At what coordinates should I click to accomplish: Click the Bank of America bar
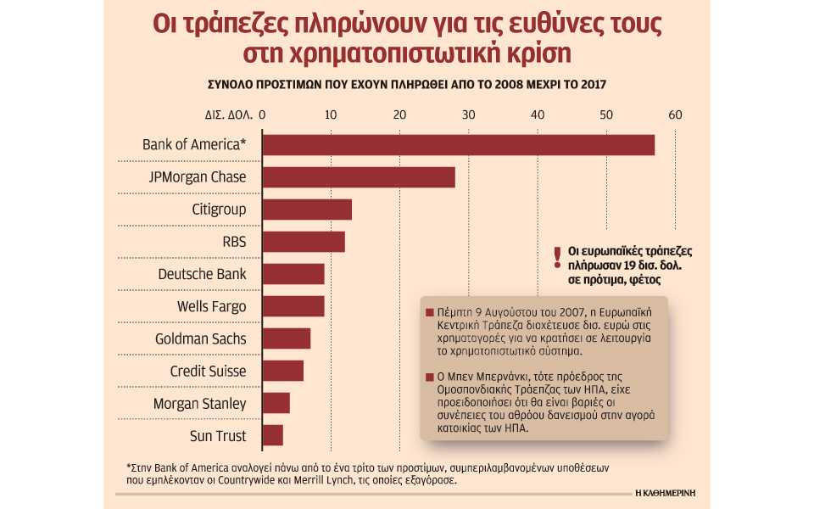pyautogui.click(x=458, y=145)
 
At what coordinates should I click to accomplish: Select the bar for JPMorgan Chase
pyautogui.click(x=358, y=177)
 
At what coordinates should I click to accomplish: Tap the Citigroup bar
pyautogui.click(x=306, y=210)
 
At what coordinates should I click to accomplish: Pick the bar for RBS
pyautogui.click(x=303, y=242)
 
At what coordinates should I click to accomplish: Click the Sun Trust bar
pyautogui.click(x=272, y=435)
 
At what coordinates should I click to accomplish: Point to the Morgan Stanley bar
pyautogui.click(x=276, y=403)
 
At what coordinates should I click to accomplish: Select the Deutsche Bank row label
pyautogui.click(x=202, y=274)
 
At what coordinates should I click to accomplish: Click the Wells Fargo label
pyautogui.click(x=211, y=306)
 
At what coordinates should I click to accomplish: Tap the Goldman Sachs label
pyautogui.click(x=200, y=338)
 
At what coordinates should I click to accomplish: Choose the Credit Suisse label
pyautogui.click(x=208, y=371)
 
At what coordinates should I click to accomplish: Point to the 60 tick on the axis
pyautogui.click(x=675, y=115)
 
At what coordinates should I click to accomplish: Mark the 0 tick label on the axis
pyautogui.click(x=262, y=115)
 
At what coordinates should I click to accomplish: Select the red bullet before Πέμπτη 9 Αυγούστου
pyautogui.click(x=429, y=310)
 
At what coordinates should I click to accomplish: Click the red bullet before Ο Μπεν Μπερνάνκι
pyautogui.click(x=429, y=375)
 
